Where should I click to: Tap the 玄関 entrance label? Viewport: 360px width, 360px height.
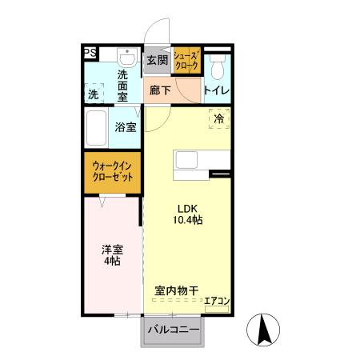158,60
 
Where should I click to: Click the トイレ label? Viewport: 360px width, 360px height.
216,90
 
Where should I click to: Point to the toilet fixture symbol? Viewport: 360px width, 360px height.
217,63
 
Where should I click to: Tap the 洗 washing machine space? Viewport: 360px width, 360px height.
94,94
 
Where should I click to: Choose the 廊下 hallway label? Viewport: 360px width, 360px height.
160,90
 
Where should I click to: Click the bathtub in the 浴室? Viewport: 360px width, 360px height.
98,126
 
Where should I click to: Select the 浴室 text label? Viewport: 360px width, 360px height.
126,127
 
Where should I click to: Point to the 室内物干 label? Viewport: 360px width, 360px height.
176,290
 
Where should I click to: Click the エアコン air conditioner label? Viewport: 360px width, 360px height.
217,302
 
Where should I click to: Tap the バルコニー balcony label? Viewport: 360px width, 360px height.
172,329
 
